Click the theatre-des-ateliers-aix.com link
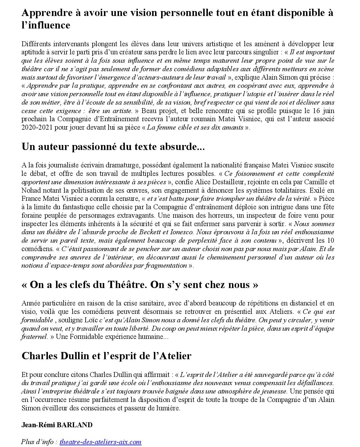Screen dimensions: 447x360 pyautogui.click(x=100, y=442)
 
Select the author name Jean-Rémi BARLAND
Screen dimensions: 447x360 pyautogui.click(x=57, y=425)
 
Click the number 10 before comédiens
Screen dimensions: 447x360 pyautogui.click(x=330, y=240)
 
